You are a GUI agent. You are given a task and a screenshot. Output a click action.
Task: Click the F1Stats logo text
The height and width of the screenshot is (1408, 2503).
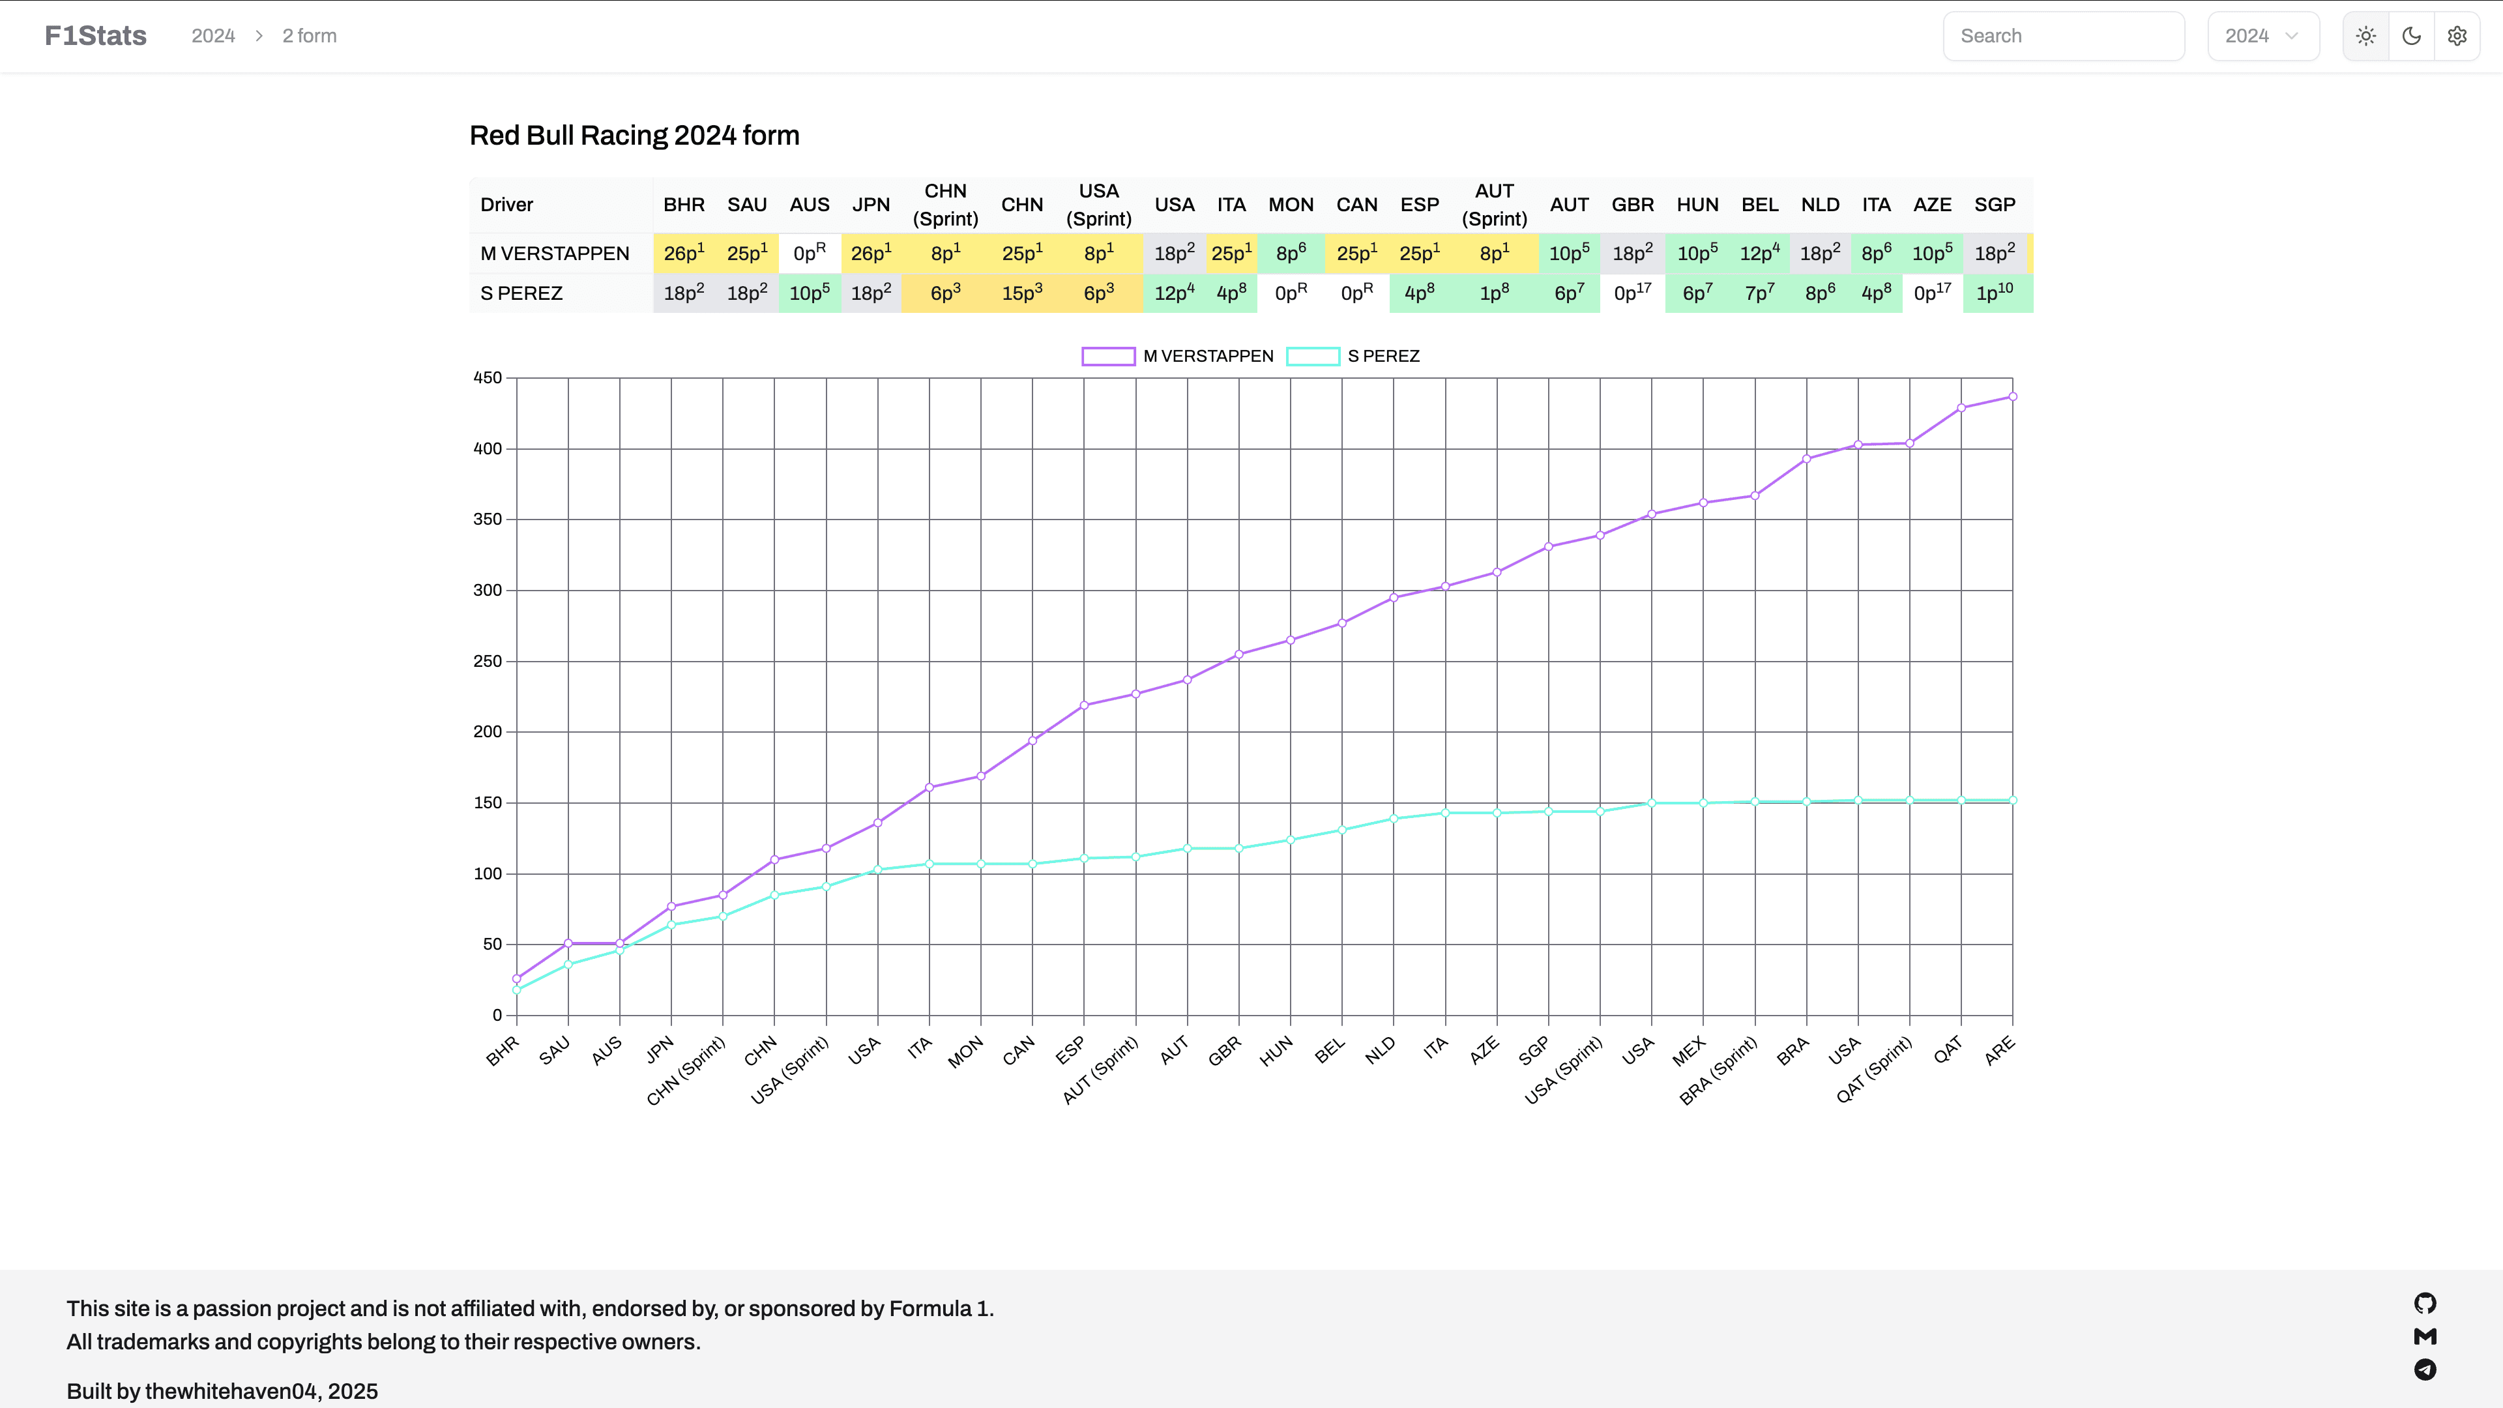(x=95, y=36)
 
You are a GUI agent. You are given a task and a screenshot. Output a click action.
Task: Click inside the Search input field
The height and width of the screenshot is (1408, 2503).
(x=2063, y=36)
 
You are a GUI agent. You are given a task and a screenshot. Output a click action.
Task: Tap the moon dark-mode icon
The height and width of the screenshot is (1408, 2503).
(x=2410, y=36)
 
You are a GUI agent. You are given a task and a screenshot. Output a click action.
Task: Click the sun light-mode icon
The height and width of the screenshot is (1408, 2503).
(x=2365, y=36)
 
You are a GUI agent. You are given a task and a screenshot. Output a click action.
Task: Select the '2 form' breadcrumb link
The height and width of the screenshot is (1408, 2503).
(x=309, y=36)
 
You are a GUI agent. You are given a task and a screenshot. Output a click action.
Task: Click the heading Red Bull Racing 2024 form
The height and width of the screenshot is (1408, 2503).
(x=634, y=135)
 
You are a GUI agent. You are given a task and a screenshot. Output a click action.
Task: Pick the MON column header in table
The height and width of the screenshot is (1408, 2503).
(x=1291, y=204)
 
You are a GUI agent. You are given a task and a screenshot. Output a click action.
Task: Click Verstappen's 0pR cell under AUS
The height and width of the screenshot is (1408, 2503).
(x=808, y=253)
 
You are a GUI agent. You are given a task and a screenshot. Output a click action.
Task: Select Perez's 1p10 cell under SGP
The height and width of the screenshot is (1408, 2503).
(x=1994, y=293)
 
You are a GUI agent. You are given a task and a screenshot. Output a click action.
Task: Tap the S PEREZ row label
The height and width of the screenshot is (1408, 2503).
(x=521, y=293)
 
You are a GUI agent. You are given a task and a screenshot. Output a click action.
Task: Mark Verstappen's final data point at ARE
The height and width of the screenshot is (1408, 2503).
(x=2012, y=396)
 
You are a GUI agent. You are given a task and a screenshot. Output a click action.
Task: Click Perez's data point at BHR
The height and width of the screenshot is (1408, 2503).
(x=517, y=990)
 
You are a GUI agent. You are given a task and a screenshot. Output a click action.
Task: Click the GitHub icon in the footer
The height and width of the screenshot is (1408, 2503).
(x=2424, y=1303)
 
